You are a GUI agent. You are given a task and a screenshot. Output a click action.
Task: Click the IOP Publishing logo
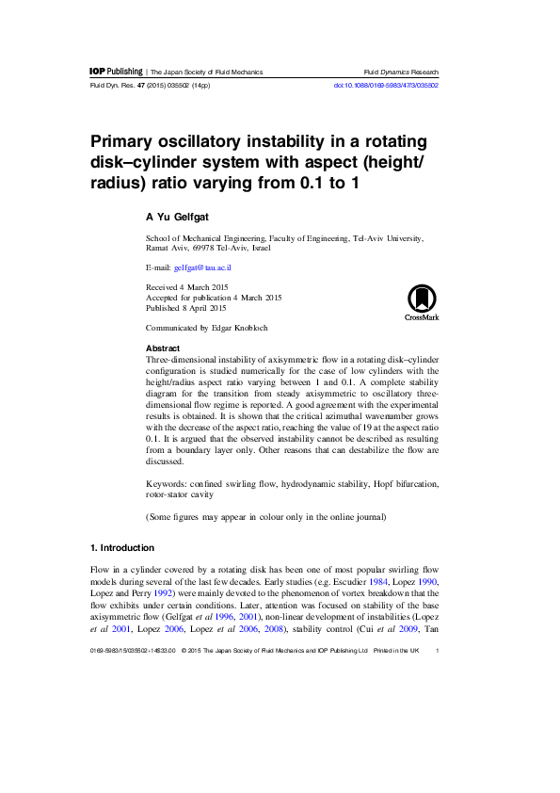point(115,72)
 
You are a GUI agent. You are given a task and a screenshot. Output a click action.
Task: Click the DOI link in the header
point(386,86)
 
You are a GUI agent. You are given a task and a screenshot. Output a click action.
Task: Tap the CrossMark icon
point(422,303)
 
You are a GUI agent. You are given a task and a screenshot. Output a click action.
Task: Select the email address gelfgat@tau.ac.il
point(202,267)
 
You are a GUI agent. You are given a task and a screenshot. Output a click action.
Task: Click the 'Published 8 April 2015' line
point(185,308)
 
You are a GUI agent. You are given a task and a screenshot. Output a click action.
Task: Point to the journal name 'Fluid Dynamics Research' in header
point(401,73)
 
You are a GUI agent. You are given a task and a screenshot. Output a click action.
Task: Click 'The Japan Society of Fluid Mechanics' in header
point(206,73)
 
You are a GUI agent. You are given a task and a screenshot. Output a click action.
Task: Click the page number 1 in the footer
point(439,650)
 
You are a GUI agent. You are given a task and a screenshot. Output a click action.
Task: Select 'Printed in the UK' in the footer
point(395,650)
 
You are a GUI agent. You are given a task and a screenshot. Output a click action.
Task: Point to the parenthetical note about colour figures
point(265,518)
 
